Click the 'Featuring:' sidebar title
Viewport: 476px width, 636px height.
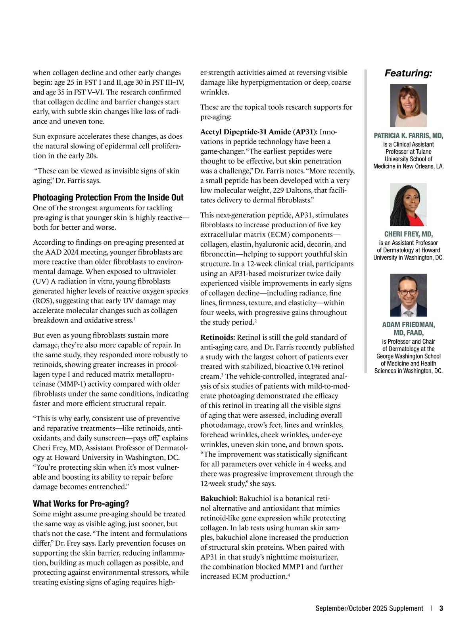408,73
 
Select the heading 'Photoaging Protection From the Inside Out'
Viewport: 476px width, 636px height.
108,198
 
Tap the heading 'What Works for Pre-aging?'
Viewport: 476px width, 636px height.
81,504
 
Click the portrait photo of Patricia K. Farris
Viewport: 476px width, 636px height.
409,106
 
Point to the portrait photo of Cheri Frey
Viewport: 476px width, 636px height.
409,204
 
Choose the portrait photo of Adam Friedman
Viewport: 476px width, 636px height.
409,295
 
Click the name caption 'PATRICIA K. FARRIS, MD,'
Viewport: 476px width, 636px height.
409,136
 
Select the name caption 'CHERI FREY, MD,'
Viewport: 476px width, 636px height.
409,234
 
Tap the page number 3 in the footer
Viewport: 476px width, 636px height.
441,609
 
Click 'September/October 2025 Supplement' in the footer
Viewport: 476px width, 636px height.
369,609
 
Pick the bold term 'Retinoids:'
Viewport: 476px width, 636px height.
218,337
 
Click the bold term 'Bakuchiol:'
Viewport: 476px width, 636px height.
219,499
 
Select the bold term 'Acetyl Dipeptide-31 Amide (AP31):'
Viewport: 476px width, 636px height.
259,132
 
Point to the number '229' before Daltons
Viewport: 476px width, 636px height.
279,190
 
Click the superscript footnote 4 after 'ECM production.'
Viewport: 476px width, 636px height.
289,575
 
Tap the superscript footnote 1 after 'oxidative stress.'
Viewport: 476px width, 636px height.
135,319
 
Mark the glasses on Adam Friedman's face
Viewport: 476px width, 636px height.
408,293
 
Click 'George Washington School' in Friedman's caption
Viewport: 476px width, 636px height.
409,356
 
